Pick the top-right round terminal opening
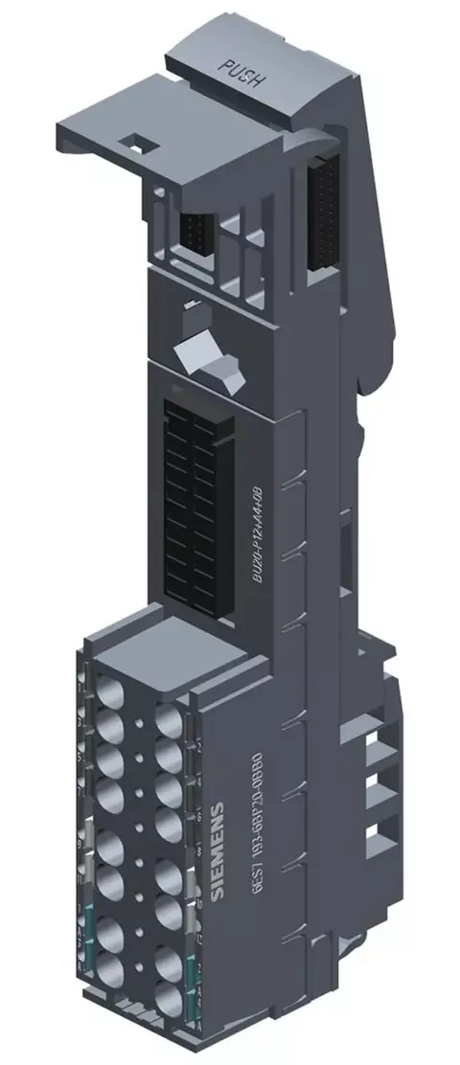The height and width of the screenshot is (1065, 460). click(x=170, y=719)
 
